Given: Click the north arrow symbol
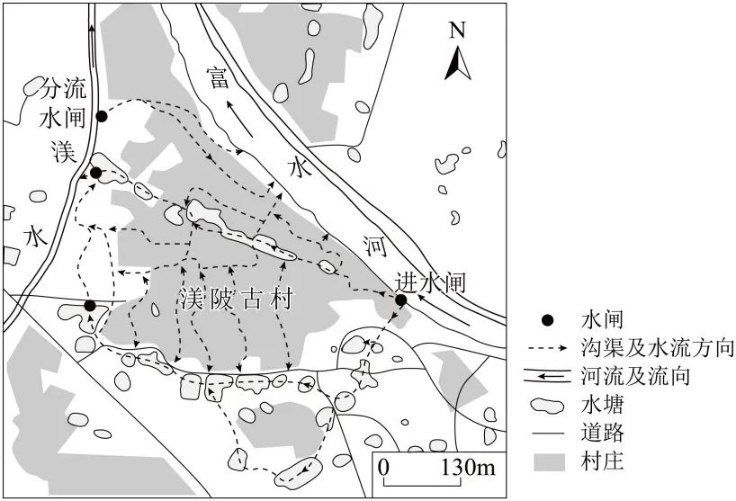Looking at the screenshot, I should click(x=457, y=63).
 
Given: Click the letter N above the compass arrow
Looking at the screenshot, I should click(x=457, y=31).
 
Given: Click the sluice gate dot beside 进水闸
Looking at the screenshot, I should click(x=401, y=300).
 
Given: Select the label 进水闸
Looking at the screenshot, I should click(x=431, y=283).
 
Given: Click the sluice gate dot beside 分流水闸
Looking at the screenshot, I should click(x=102, y=116).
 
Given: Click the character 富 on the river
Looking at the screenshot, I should click(x=217, y=78).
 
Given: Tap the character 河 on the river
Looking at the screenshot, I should click(x=376, y=243).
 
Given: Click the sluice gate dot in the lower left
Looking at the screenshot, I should click(x=89, y=306).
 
